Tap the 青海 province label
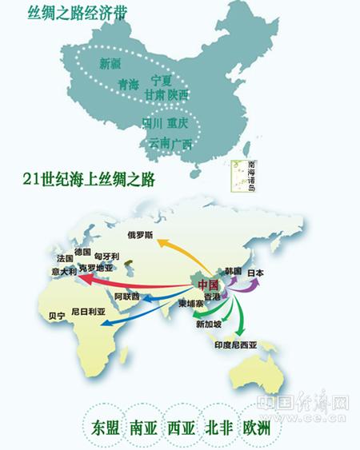pyautogui.click(x=128, y=84)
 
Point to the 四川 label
pyautogui.click(x=152, y=123)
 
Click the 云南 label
pyautogui.click(x=159, y=143)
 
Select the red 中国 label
pyautogui.click(x=208, y=284)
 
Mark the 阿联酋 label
pyautogui.click(x=126, y=297)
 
